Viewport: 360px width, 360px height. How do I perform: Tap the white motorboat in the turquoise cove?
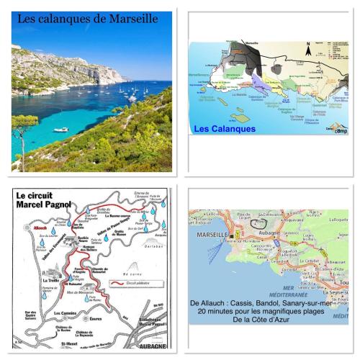[x=61, y=130]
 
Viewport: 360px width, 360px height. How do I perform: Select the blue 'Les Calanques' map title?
[x=225, y=129]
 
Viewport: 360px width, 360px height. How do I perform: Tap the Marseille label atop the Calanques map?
[x=251, y=43]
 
